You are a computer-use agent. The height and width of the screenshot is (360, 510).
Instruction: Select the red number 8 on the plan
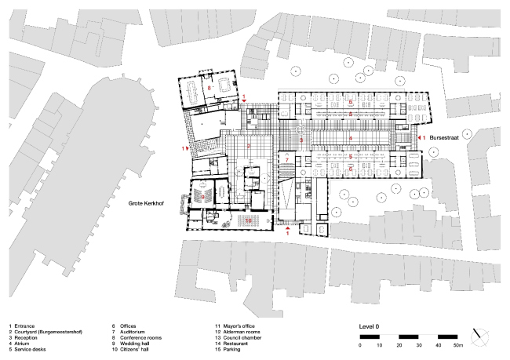(209, 88)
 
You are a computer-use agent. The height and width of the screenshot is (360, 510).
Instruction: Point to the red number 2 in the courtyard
(248, 147)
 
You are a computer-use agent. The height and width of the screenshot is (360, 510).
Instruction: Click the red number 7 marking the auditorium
(287, 159)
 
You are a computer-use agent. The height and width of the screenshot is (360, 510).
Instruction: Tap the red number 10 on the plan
(248, 221)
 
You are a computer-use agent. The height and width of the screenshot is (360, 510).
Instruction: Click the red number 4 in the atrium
(350, 138)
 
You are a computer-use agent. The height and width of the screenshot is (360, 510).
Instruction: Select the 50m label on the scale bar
(458, 345)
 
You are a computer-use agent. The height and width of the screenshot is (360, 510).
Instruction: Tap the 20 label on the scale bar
(400, 345)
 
